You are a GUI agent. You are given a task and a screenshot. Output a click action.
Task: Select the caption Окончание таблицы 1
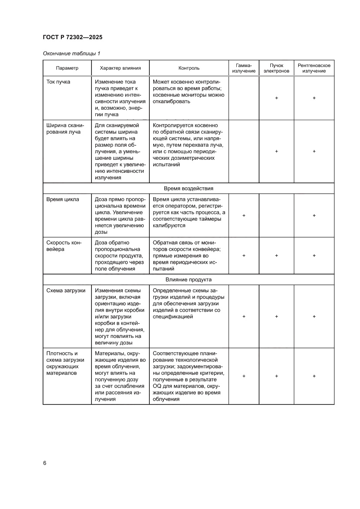(71, 54)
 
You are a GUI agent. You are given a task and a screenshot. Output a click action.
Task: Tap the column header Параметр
(67, 68)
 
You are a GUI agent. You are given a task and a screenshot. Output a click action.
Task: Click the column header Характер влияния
(120, 68)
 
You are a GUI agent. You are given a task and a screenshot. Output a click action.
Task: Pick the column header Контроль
(189, 68)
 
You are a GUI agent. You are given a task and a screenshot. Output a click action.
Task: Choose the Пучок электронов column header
(276, 68)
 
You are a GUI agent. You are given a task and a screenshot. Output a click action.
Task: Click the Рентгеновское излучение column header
(314, 68)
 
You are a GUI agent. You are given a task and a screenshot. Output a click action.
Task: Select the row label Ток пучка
(58, 82)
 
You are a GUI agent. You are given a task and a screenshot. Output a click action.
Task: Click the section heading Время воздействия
(188, 188)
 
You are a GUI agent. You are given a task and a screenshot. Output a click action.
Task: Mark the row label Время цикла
(62, 199)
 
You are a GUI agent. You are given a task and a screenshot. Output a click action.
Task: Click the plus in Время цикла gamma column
(244, 216)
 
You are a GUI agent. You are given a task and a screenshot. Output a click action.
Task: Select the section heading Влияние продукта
(188, 279)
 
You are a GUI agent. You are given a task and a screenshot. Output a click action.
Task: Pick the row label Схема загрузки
(66, 290)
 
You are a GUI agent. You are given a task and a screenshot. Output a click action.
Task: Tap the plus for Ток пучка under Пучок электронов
(276, 98)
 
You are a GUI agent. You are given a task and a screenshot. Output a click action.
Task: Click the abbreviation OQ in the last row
(157, 387)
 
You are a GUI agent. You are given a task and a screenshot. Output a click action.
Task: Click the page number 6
(45, 463)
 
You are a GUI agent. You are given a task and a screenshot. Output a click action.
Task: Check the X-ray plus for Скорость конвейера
(314, 256)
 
